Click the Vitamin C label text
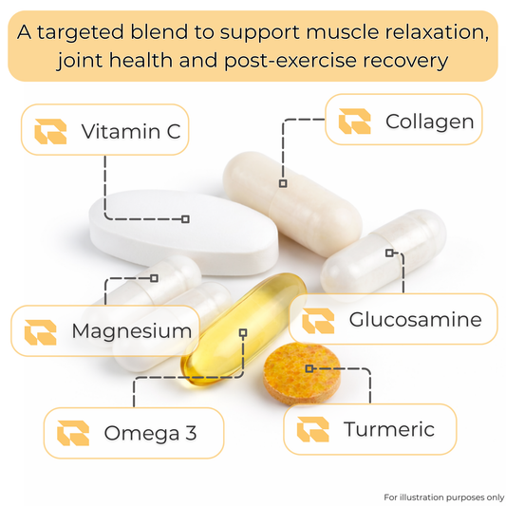(131, 131)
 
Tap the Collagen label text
(429, 122)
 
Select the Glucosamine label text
(415, 320)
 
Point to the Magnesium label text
(132, 331)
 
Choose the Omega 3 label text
(150, 433)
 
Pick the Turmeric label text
(389, 429)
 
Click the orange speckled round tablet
(302, 374)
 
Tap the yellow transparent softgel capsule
(244, 329)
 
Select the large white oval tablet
(183, 232)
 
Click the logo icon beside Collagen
(354, 121)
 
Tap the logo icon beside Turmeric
(312, 429)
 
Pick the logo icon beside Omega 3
(73, 433)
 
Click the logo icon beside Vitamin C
(50, 131)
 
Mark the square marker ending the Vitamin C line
(185, 219)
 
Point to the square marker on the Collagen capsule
(283, 183)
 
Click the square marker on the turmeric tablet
(309, 368)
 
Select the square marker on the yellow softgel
(243, 332)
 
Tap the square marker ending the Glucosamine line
(389, 253)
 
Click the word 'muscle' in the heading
(343, 32)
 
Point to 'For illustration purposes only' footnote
(444, 497)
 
